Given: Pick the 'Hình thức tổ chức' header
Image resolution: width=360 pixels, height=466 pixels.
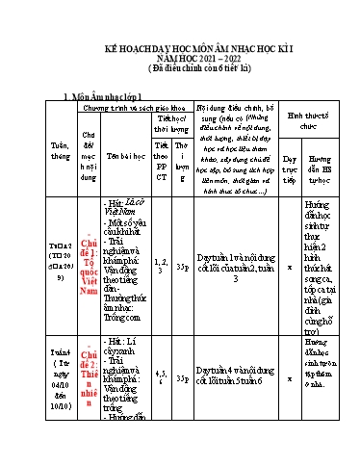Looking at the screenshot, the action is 302,119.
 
